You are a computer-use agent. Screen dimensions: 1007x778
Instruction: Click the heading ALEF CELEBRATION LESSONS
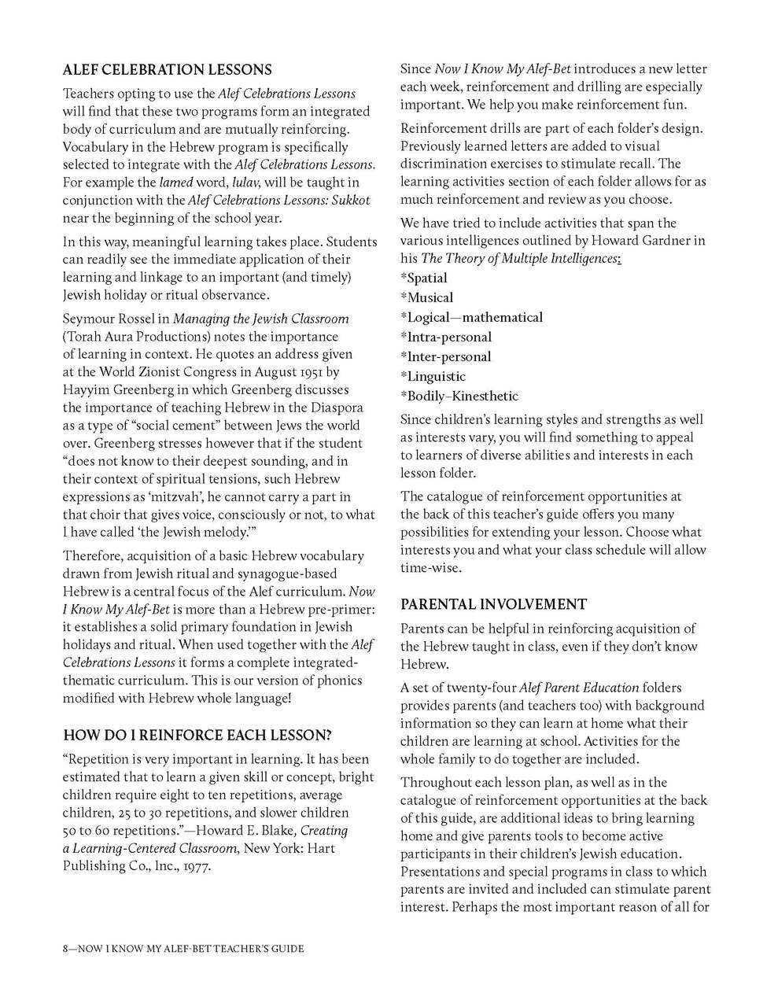coord(168,70)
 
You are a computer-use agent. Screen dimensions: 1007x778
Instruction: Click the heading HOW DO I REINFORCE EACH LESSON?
coord(197,735)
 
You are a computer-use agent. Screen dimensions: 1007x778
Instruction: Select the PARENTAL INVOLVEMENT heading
coord(493,604)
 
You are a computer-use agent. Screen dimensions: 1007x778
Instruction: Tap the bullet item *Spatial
coord(424,278)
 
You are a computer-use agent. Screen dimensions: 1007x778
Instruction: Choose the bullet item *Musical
coord(426,297)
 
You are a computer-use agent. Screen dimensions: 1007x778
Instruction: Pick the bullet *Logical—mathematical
coord(471,317)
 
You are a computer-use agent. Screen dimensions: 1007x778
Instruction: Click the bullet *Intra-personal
coord(445,337)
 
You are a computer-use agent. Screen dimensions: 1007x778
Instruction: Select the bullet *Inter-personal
coord(445,356)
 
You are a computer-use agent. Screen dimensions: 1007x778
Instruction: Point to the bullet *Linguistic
coord(433,376)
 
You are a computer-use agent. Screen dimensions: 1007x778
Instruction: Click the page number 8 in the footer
coord(66,949)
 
